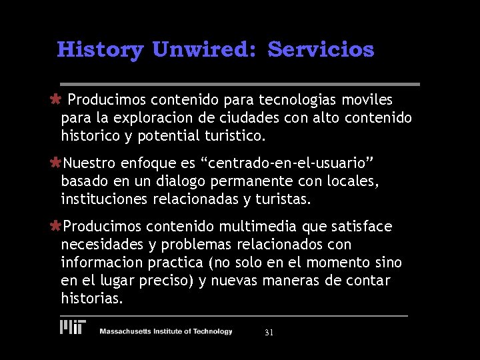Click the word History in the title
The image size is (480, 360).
(100, 50)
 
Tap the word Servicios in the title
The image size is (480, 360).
(321, 50)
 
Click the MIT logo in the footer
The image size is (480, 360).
(73, 327)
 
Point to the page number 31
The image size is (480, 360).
(269, 332)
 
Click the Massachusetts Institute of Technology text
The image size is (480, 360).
(166, 331)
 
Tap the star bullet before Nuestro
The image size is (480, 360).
(57, 163)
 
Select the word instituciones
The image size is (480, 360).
(104, 199)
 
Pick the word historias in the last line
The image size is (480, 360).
(92, 299)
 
